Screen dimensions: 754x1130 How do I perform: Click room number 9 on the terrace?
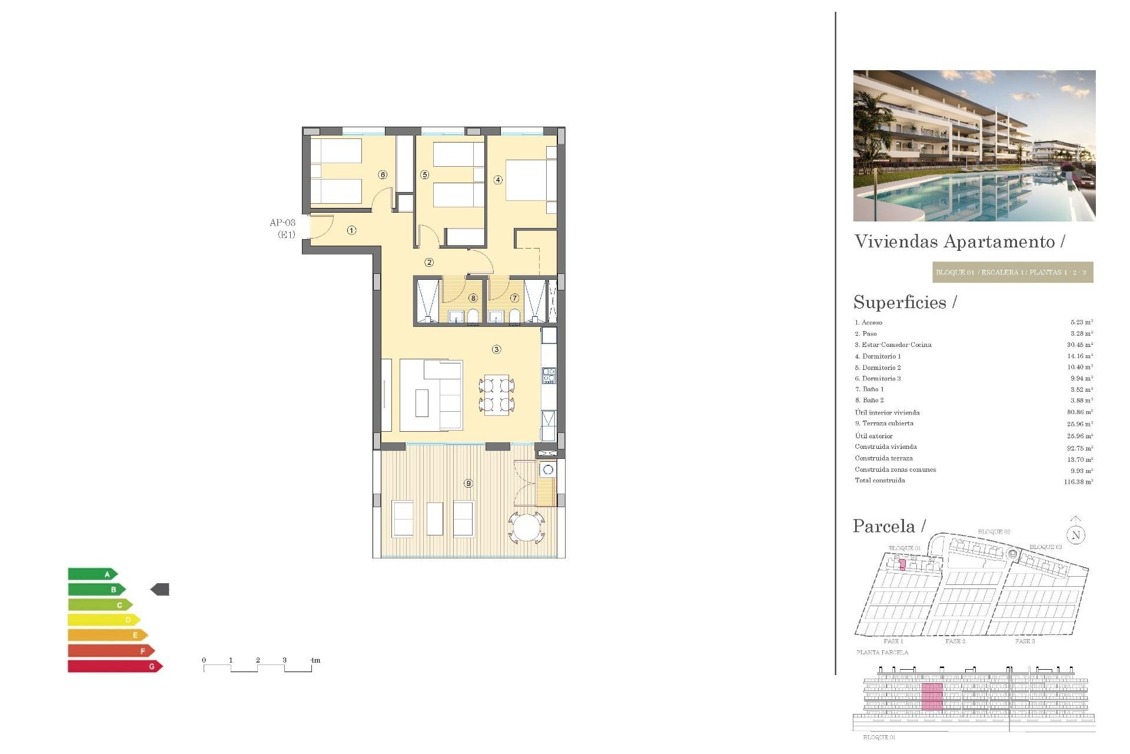click(x=468, y=483)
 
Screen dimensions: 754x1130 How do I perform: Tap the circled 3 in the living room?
click(x=497, y=349)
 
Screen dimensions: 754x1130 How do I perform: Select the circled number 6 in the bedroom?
click(x=383, y=174)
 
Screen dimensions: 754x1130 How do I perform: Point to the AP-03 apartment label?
click(x=282, y=223)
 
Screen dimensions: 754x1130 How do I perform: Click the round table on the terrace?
click(x=527, y=527)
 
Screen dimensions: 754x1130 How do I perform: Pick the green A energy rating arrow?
click(x=92, y=574)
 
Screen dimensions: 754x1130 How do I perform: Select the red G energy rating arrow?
click(x=115, y=666)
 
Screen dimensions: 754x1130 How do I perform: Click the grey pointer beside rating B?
click(x=160, y=589)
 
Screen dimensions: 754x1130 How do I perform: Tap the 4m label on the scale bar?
click(x=315, y=660)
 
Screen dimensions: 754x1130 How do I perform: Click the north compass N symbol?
click(x=1076, y=534)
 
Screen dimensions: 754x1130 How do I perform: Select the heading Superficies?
click(x=900, y=302)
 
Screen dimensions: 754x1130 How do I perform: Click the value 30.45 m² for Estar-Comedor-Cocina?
click(x=1080, y=345)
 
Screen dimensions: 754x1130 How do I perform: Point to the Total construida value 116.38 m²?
click(x=1078, y=481)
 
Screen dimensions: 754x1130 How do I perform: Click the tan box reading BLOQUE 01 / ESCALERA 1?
click(x=1012, y=272)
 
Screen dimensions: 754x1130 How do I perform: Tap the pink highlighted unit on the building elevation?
click(x=932, y=696)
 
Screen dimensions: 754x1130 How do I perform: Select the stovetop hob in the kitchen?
click(x=549, y=375)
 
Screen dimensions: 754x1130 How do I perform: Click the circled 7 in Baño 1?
click(x=514, y=298)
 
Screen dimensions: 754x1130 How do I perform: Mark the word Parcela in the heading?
click(x=884, y=526)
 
